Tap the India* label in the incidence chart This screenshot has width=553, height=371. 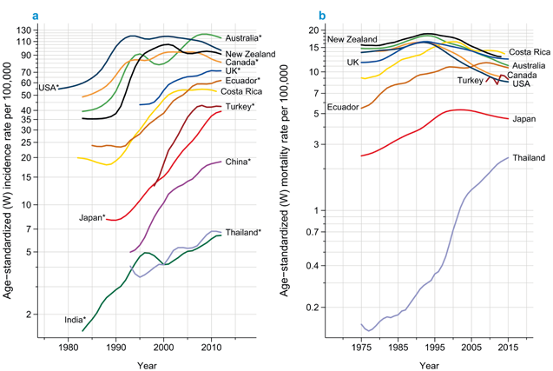75,320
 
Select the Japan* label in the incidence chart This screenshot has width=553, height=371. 91,217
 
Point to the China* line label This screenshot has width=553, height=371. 238,162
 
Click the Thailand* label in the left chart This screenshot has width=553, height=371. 243,233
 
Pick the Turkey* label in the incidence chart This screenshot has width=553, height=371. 240,106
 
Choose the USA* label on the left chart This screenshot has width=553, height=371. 49,88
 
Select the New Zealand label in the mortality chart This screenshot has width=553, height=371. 352,40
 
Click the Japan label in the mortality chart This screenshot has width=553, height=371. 523,118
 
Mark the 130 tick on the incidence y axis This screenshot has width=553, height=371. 48,30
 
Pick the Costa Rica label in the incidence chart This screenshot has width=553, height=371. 242,92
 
